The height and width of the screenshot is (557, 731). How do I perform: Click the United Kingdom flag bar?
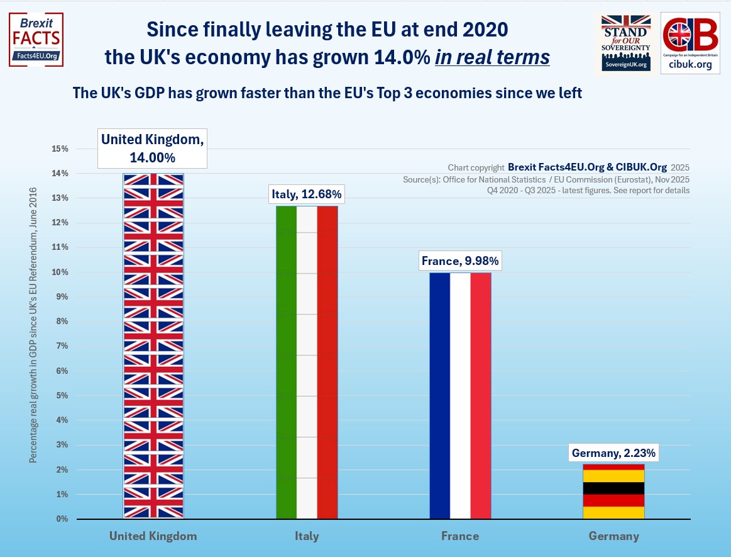153,346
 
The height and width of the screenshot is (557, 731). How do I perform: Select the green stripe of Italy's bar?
286,362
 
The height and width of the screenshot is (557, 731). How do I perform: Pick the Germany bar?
613,491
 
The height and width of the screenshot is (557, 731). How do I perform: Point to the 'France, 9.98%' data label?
460,261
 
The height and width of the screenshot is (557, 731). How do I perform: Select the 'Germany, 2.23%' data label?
613,453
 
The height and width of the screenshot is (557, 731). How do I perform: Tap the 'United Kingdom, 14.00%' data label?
153,148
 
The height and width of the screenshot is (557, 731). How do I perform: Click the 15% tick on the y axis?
60,149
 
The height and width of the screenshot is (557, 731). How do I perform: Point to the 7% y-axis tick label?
62,346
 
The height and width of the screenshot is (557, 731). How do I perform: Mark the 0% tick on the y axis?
62,519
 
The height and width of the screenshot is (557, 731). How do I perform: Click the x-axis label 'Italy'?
307,537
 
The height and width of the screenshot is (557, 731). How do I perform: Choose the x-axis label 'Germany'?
613,537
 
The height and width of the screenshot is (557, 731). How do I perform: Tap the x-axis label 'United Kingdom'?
153,537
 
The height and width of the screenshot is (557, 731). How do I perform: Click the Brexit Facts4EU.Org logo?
36,39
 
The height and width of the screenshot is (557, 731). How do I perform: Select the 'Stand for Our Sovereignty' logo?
624,43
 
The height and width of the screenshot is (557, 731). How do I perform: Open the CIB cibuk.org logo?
690,43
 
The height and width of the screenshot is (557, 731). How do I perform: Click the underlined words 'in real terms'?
492,57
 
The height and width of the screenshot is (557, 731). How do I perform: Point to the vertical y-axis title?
33,325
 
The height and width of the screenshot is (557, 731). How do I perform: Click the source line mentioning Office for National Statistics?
546,179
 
